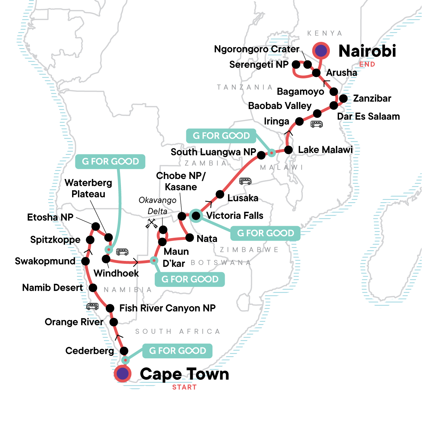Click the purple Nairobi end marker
click(321, 51)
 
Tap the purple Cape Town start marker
click(122, 374)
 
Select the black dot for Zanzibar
click(343, 98)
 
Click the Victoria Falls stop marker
click(196, 216)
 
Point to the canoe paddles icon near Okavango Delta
click(152, 224)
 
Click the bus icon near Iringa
click(316, 124)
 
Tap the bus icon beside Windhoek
click(122, 252)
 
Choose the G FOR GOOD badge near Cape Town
click(177, 351)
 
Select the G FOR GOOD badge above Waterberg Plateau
click(110, 161)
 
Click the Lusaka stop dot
click(220, 194)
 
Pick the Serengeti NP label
click(259, 65)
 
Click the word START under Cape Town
click(184, 387)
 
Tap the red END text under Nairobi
click(367, 64)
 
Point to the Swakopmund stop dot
click(85, 261)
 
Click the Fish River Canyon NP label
click(167, 308)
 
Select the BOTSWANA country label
click(221, 263)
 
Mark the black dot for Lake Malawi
click(288, 150)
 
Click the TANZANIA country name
click(245, 87)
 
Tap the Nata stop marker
click(190, 238)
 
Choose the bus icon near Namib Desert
click(92, 307)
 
